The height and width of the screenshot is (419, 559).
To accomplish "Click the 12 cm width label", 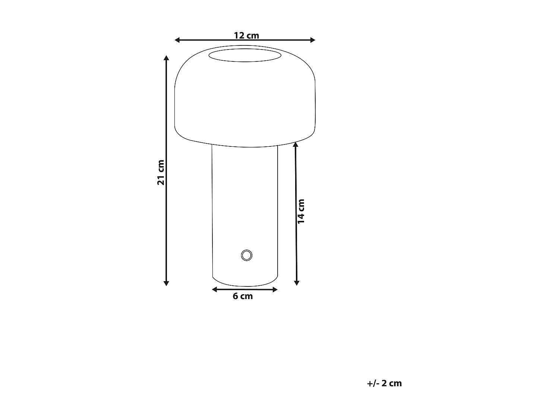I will tap(246, 35).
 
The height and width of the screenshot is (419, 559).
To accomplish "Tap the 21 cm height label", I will tap(161, 172).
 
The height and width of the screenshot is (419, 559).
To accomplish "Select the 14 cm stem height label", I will tap(301, 211).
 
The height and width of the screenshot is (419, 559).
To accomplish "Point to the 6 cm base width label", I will tap(243, 296).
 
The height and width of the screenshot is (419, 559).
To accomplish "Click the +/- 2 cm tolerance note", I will tap(384, 383).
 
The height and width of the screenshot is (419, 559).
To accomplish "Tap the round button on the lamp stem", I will tap(246, 255).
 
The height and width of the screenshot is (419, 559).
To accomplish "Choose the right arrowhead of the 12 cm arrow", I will tap(313, 40).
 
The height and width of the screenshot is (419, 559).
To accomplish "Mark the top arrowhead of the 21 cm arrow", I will tap(166, 58).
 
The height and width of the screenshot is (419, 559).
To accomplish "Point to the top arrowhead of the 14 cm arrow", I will tap(296, 145).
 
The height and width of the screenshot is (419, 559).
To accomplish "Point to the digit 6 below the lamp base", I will tap(236, 296).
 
